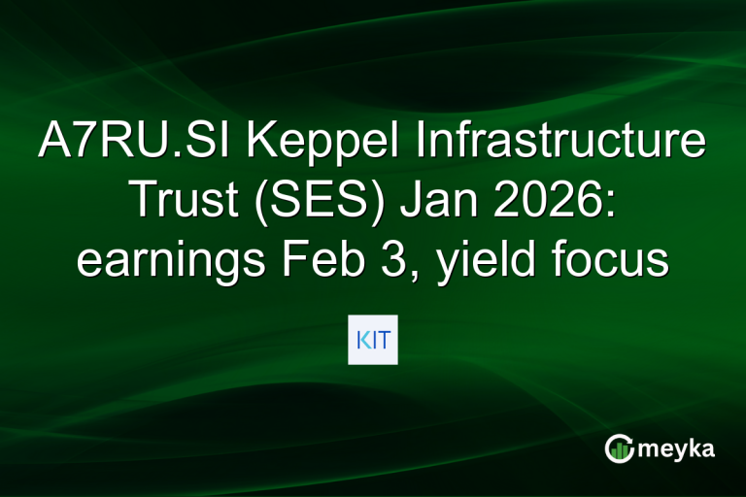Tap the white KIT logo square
(x=373, y=340)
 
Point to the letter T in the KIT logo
(x=383, y=340)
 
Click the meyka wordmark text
(x=679, y=448)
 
